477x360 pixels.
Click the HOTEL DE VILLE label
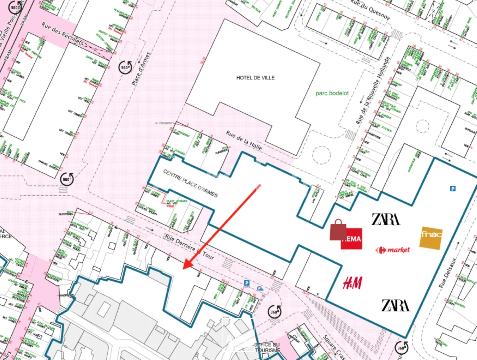tap(255, 78)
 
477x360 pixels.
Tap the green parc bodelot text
tap(332, 93)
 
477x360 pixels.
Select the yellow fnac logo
tap(431, 238)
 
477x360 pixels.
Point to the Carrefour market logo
tap(392, 250)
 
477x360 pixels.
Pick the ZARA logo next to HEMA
tap(386, 219)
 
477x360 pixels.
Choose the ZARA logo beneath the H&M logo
tap(395, 305)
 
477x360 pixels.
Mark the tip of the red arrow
tap(184, 268)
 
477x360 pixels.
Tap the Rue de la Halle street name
tap(244, 140)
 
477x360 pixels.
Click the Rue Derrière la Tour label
tap(190, 246)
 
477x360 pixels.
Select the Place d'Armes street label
tap(141, 69)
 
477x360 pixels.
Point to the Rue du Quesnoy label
tap(370, 10)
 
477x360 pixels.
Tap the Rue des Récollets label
tap(62, 33)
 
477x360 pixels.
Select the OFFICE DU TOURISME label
tap(267, 347)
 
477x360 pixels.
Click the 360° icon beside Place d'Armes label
tap(125, 67)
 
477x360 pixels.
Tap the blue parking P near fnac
tap(453, 189)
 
